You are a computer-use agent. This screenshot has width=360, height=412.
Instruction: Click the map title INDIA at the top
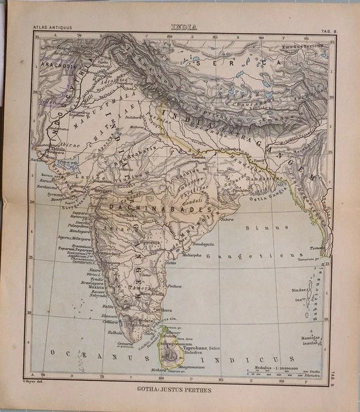(x=184, y=27)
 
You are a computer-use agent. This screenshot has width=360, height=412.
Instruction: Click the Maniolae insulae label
(x=310, y=341)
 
